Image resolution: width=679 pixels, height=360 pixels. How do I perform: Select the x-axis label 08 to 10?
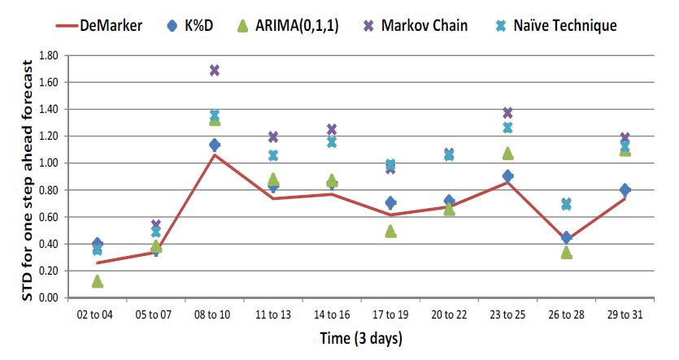(214, 314)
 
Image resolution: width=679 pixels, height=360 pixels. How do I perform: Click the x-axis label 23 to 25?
(507, 314)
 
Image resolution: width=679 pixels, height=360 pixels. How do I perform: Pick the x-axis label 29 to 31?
(625, 314)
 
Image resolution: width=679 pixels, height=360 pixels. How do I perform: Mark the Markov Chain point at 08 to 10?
(215, 71)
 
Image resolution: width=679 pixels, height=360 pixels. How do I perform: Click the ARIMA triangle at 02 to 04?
(98, 281)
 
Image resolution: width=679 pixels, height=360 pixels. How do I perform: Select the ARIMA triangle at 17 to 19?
(390, 231)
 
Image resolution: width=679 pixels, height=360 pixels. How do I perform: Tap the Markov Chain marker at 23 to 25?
(507, 113)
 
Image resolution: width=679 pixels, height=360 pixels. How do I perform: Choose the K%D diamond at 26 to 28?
(566, 237)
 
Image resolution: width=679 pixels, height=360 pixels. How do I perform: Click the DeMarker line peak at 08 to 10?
(215, 154)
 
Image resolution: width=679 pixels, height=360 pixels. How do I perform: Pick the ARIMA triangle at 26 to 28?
(566, 252)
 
